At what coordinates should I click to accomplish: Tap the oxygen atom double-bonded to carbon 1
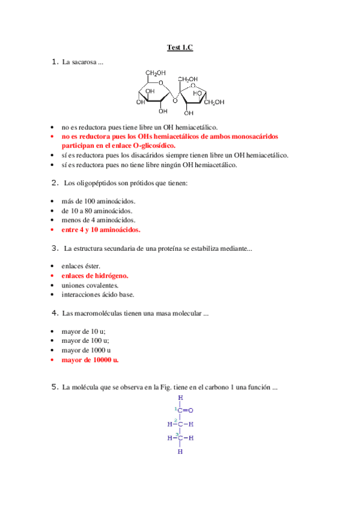[191, 410]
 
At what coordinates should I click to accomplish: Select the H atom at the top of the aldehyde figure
[180, 398]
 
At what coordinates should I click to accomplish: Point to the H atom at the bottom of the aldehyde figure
[180, 451]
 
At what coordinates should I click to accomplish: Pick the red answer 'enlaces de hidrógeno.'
[95, 275]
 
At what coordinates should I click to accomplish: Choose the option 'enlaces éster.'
[81, 266]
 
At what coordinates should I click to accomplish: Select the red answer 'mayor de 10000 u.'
[90, 360]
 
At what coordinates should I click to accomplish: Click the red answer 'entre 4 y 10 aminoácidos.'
[101, 230]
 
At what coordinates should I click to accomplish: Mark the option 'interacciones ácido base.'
[98, 295]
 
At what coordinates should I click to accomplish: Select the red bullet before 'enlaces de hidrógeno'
[53, 275]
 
